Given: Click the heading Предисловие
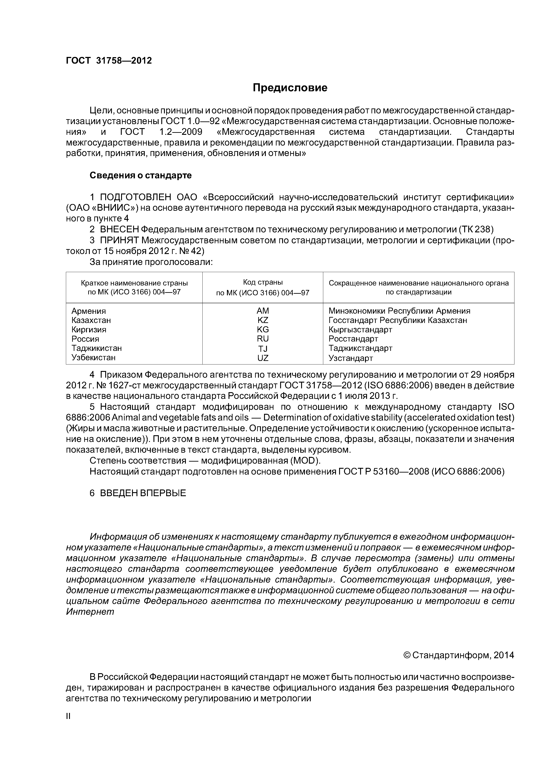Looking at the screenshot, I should (x=290, y=88).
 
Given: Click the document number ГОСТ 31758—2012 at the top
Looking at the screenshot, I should (x=109, y=61).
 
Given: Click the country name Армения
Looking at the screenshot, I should (x=88, y=311).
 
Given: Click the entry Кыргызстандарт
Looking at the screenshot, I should (x=360, y=329).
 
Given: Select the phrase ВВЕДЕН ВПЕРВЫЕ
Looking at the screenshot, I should (x=143, y=493).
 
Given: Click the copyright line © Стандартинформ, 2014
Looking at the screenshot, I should (x=458, y=655).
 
